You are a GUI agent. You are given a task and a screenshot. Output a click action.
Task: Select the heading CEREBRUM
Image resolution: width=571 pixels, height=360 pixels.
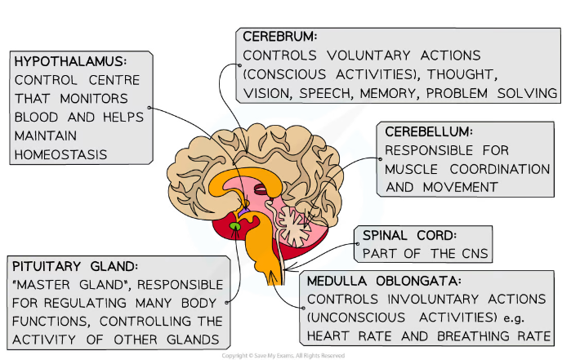(279, 37)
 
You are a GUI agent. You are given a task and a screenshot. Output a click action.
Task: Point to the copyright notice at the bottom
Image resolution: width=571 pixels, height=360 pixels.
(284, 355)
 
